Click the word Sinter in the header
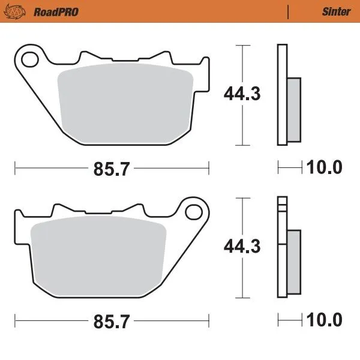pyautogui.click(x=336, y=11)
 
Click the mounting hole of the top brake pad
pyautogui.click(x=29, y=59)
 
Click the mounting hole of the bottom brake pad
pyautogui.click(x=193, y=212)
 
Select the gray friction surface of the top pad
pyautogui.click(x=126, y=105)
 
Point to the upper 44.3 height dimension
pyautogui.click(x=242, y=94)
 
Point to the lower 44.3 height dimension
pyautogui.click(x=242, y=247)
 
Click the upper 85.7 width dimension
pyautogui.click(x=112, y=169)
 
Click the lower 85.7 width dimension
pyautogui.click(x=112, y=322)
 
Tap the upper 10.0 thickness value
pyautogui.click(x=325, y=167)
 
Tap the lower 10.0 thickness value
pyautogui.click(x=325, y=319)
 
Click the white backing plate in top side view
pyautogui.click(x=281, y=95)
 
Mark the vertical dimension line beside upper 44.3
pyautogui.click(x=241, y=66)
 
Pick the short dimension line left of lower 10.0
pyautogui.click(x=290, y=319)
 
